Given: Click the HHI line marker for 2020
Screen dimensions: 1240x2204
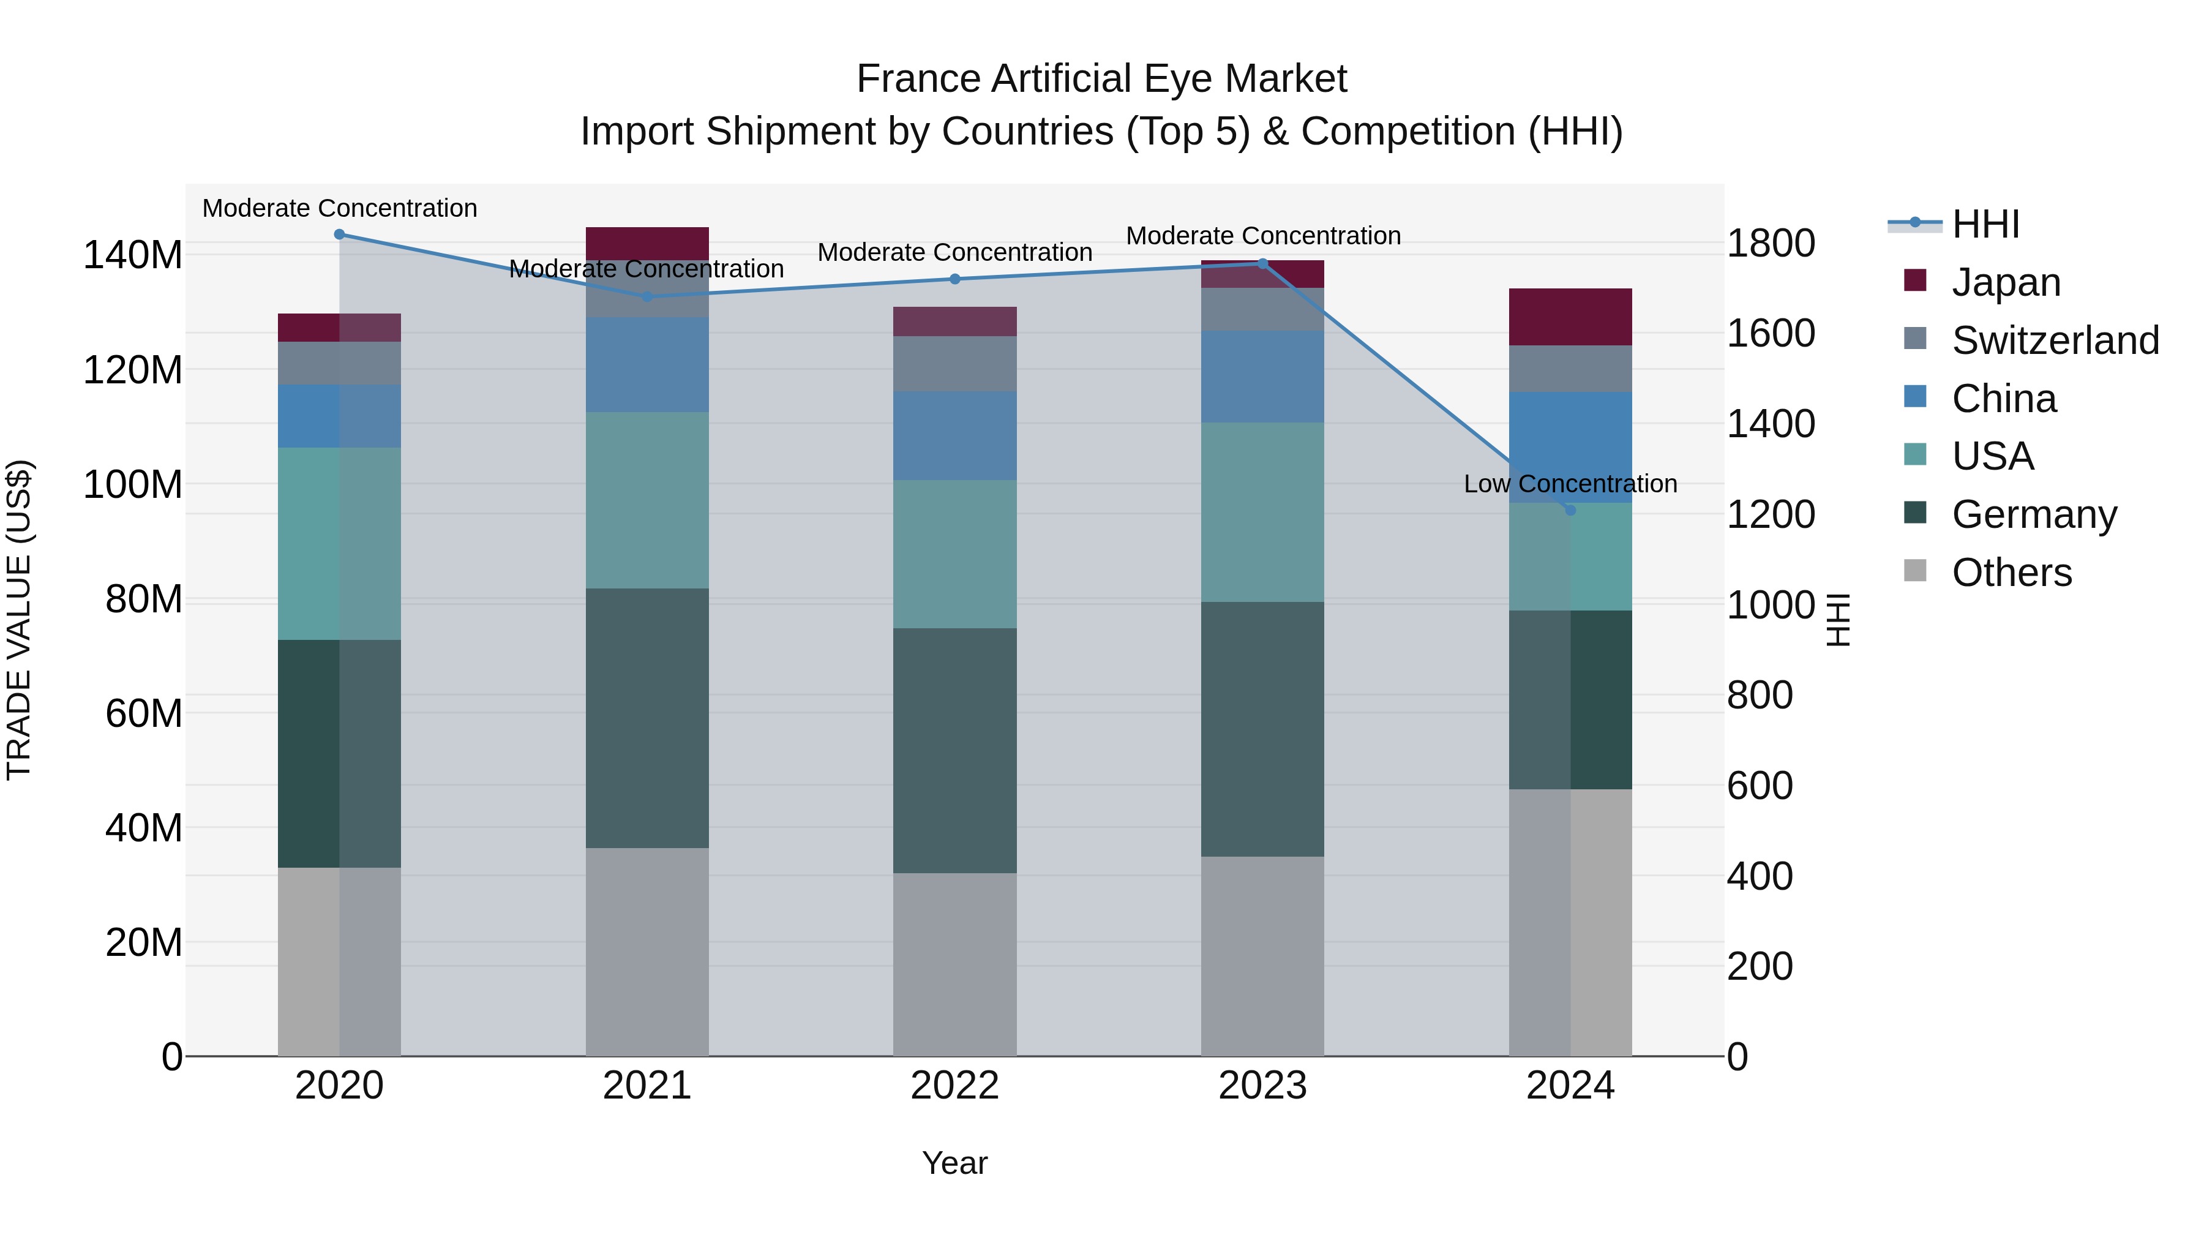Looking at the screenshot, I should (x=340, y=235).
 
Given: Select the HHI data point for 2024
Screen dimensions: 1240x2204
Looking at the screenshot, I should (x=1570, y=510).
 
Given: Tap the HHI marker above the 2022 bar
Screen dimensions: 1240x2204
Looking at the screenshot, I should (x=955, y=279).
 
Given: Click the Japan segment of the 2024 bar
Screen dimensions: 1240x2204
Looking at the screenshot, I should (x=1570, y=317).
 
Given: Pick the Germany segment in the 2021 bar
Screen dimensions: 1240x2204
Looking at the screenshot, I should (x=647, y=718).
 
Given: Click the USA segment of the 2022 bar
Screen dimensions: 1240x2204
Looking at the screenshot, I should (x=955, y=555).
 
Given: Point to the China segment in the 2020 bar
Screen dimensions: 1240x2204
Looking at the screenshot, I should (x=340, y=416).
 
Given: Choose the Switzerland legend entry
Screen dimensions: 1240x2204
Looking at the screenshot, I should (x=2055, y=340).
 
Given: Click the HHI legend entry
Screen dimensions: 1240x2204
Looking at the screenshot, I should (x=1985, y=224).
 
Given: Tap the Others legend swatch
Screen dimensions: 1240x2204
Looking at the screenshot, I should (x=1915, y=571).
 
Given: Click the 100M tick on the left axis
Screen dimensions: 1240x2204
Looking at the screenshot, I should (x=133, y=484).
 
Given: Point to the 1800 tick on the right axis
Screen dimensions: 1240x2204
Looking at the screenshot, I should (x=1770, y=243).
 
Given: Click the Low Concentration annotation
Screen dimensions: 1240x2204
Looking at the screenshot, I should (x=1570, y=484).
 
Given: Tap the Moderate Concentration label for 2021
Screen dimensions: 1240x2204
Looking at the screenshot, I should (x=647, y=269).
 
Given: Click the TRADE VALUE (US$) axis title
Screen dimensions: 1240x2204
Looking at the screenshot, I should (x=19, y=620).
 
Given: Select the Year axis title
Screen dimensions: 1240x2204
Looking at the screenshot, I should (x=955, y=1163).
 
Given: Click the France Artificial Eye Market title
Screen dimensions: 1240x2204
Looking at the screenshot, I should (x=1101, y=79).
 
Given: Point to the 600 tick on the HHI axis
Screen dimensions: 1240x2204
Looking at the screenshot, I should (x=1759, y=786).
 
